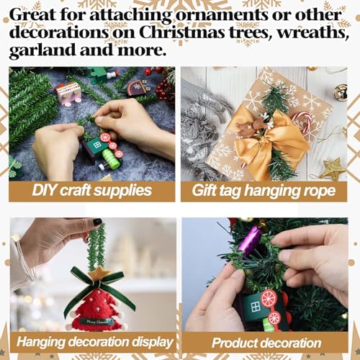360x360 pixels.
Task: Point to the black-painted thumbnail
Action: (x=96, y=222)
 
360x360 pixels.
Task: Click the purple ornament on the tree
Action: (x=249, y=240)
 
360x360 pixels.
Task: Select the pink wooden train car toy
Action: (x=68, y=92)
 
